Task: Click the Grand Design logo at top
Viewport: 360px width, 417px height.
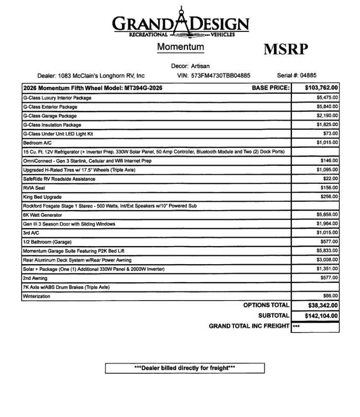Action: [180, 23]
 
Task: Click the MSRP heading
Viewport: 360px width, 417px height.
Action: [286, 49]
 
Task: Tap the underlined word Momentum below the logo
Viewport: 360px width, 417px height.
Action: [180, 47]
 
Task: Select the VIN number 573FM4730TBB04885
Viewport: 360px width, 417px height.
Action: [220, 75]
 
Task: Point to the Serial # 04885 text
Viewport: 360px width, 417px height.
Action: [297, 75]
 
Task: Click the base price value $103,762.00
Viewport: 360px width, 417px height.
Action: [321, 88]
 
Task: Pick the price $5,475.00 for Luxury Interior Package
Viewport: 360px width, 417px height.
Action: [327, 97]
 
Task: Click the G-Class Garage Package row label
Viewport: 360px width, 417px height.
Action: [49, 116]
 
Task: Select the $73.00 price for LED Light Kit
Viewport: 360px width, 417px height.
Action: [331, 133]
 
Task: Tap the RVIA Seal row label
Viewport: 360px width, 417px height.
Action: [34, 188]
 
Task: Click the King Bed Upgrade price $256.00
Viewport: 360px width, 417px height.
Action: [329, 197]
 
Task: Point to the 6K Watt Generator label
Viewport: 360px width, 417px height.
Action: [42, 215]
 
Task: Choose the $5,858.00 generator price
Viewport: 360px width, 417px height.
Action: [327, 215]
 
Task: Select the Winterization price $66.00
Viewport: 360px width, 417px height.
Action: [331, 296]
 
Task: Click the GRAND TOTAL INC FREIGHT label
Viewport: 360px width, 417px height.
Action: [249, 326]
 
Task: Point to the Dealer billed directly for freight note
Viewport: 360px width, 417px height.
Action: [184, 368]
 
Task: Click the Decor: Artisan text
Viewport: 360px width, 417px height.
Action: [191, 66]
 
